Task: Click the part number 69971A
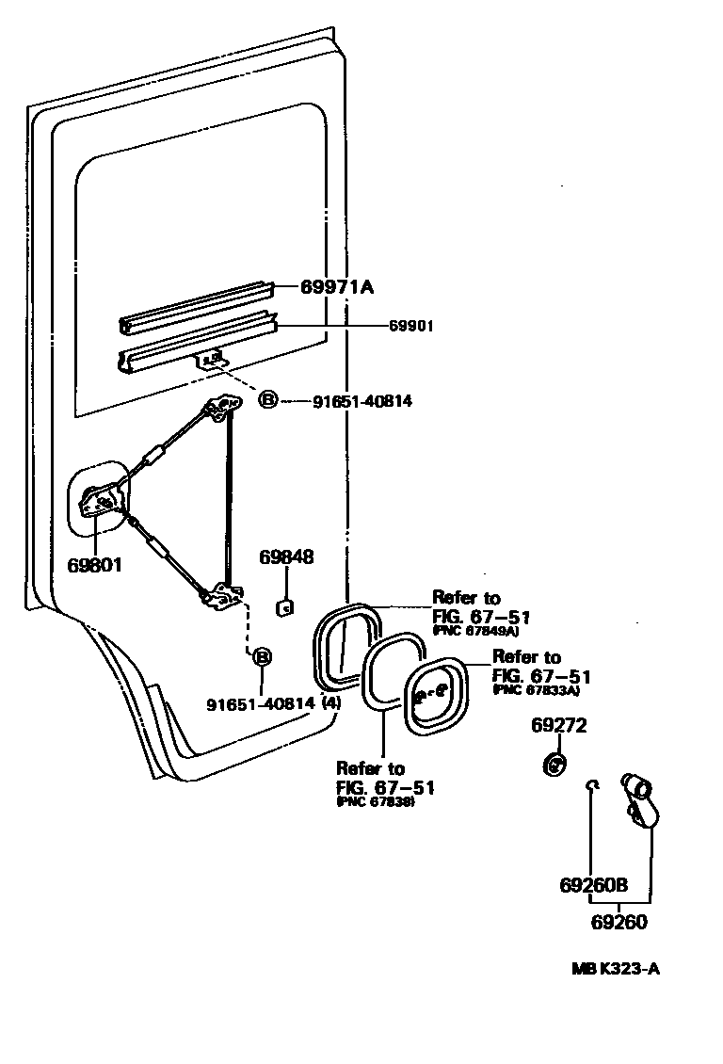tap(337, 287)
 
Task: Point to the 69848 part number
tap(286, 557)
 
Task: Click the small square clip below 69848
tap(282, 607)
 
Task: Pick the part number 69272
tap(558, 725)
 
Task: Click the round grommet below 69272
tap(555, 764)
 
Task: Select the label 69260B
tap(593, 886)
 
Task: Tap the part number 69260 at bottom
tap(619, 922)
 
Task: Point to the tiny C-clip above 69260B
tap(590, 784)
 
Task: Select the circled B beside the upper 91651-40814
tap(267, 401)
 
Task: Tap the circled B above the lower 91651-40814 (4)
tap(262, 656)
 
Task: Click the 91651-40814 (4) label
tap(273, 703)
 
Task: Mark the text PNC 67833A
tap(536, 689)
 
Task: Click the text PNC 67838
tap(376, 801)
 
